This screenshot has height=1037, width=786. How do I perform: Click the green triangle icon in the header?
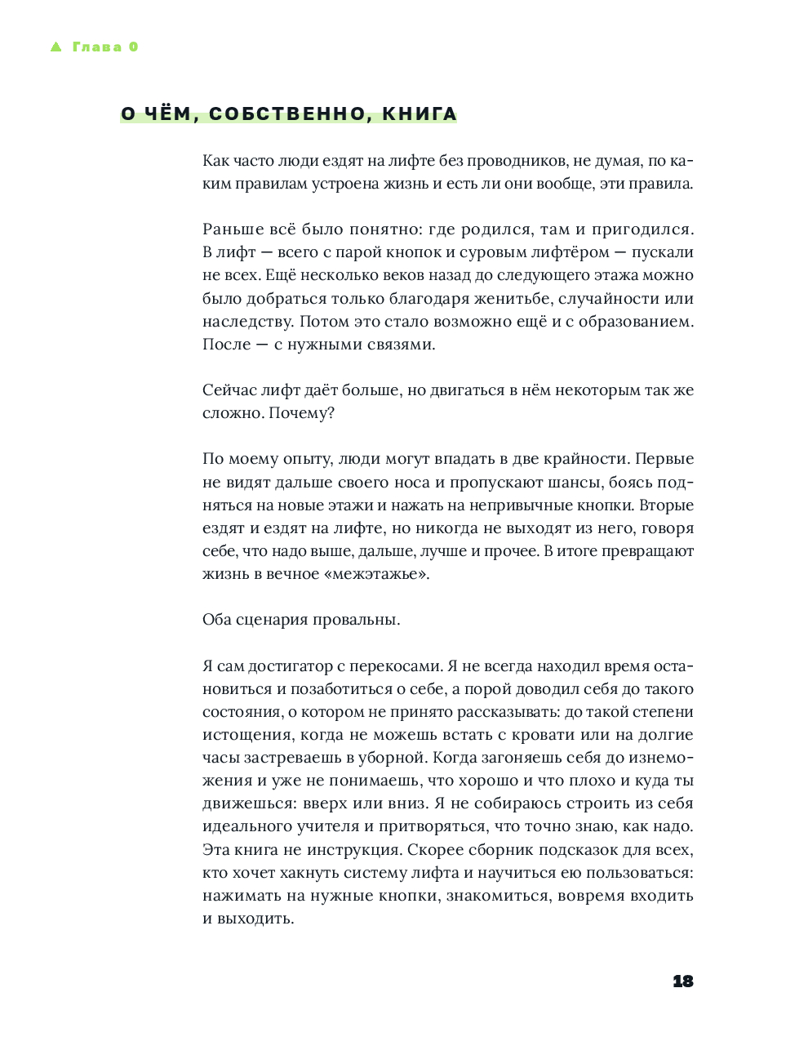[x=56, y=47]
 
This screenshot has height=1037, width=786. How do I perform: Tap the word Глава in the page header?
[x=97, y=47]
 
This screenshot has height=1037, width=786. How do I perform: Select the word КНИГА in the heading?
[x=420, y=114]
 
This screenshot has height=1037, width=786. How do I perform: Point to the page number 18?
[x=682, y=981]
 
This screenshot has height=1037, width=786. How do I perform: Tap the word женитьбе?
[x=509, y=298]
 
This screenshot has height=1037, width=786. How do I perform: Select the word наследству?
[x=248, y=321]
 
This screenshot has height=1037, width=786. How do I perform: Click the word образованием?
[x=635, y=321]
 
